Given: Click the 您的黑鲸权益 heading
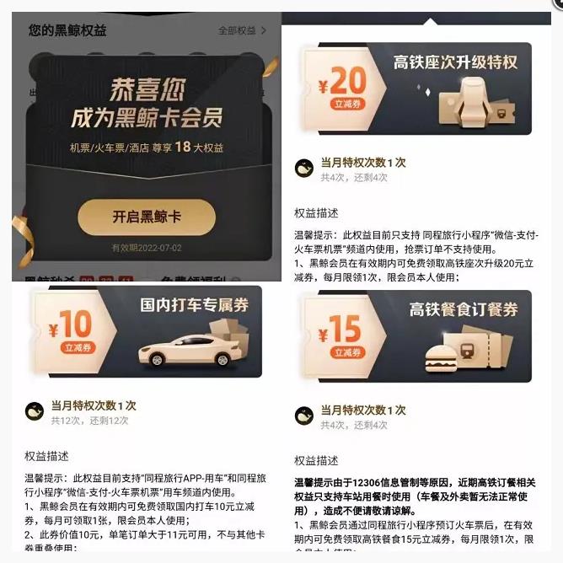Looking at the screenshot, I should point(67,30).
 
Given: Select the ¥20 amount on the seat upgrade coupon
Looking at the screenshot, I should point(343,82).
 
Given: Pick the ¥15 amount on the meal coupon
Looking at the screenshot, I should point(340,329).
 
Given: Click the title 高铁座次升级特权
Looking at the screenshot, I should point(455,62).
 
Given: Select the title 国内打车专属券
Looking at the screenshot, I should point(194,305).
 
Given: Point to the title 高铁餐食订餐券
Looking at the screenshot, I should point(464,309).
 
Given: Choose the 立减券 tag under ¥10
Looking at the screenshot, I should point(72,347).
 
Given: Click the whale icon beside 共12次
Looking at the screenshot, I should point(35,412).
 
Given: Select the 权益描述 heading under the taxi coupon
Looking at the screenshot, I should point(46,456).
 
